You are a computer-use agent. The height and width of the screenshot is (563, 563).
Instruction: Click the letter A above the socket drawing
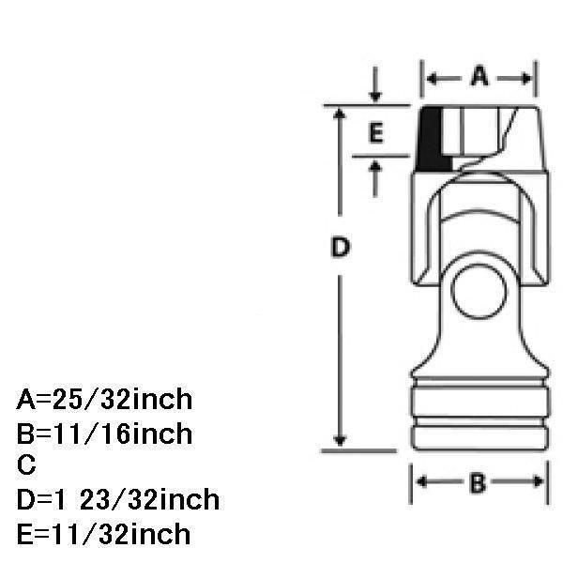point(479,76)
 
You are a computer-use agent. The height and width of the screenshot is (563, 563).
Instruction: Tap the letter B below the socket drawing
point(478,482)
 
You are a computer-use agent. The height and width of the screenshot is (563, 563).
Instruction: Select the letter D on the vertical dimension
point(340,247)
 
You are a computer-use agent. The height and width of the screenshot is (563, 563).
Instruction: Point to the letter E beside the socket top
point(376,133)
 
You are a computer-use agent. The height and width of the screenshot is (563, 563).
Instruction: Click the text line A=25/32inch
point(104,400)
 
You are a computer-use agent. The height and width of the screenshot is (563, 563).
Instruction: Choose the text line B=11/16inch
point(104,434)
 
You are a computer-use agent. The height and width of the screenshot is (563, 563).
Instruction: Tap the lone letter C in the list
point(26,465)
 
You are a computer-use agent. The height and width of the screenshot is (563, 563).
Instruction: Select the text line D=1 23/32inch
point(118,499)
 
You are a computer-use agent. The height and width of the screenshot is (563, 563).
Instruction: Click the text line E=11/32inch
point(103,534)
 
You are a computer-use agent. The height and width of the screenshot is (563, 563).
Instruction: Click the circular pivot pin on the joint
point(479,292)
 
